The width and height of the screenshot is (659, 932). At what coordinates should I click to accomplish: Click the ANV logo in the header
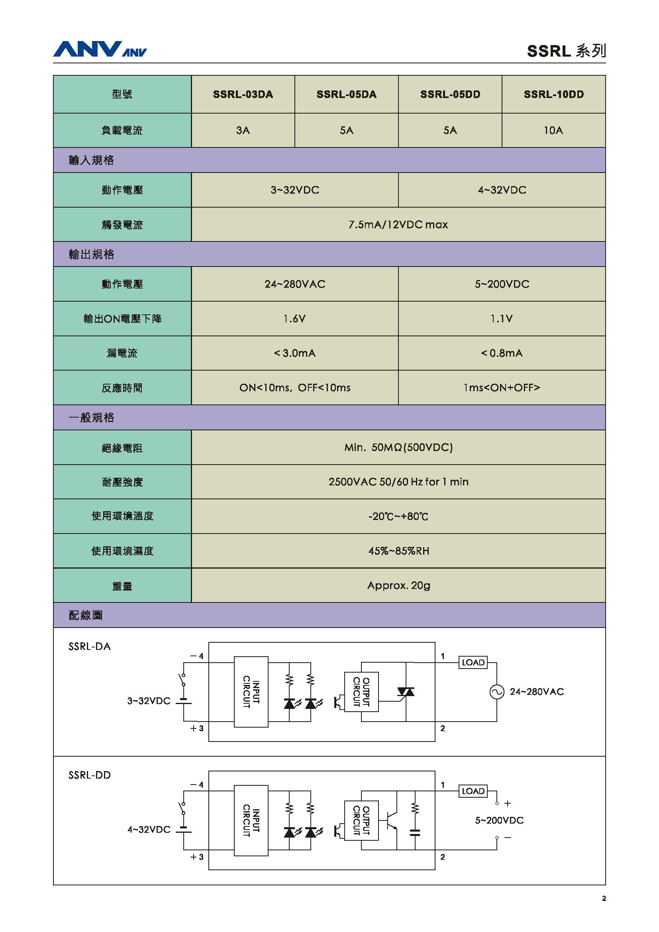pos(100,49)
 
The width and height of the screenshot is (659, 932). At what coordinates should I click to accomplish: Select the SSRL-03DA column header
pos(243,94)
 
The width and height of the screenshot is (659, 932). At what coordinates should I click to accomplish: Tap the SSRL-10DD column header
pos(553,94)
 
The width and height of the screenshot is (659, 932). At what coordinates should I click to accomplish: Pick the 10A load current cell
pos(553,130)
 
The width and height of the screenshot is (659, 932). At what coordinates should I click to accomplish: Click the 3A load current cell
pos(243,130)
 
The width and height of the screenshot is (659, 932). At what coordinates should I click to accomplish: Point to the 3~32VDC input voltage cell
pos(294,190)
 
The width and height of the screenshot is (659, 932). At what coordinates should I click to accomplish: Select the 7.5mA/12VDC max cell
pos(398,224)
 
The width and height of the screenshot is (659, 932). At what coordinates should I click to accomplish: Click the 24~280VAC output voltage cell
pos(294,284)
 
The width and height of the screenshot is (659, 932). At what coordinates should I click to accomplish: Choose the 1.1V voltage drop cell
pos(502,319)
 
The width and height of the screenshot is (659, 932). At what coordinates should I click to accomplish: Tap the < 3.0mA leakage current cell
pos(294,353)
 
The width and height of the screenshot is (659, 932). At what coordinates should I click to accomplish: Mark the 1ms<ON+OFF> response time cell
pos(502,388)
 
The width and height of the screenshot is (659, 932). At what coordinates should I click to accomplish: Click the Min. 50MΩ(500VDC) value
pos(398,447)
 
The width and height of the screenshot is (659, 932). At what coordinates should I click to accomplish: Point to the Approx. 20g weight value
pos(398,585)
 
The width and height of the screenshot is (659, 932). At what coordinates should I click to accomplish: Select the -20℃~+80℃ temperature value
pos(398,516)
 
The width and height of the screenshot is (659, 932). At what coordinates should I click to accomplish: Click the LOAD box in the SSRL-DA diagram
pos(473,663)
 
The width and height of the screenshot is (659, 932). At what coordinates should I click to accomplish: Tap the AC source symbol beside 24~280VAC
pos(497,692)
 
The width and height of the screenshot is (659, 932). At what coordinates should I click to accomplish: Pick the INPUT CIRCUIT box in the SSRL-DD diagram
pos(251,820)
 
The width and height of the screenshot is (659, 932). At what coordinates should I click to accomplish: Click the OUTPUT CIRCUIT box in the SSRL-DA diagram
pos(361,692)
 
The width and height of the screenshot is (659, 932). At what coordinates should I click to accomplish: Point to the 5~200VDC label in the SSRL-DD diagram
pos(499,820)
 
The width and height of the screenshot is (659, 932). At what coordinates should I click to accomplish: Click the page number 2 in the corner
pos(604,898)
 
